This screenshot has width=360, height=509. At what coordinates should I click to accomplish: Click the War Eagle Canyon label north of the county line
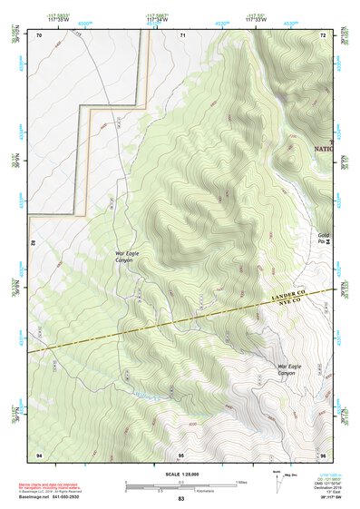[x=124, y=257]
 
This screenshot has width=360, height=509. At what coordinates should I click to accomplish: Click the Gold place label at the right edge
[x=324, y=239]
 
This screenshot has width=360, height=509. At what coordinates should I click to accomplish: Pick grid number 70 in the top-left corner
[x=39, y=34]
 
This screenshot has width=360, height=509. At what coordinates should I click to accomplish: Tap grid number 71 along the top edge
[x=182, y=34]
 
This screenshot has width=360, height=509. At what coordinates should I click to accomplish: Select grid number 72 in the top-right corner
[x=323, y=34]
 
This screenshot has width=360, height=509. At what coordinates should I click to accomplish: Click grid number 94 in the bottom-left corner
[x=39, y=454]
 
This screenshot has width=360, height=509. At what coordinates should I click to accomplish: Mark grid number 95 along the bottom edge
[x=181, y=454]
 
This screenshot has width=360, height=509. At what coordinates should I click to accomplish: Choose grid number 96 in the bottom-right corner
[x=323, y=454]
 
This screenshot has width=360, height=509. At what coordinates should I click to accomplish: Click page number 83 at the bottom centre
[x=180, y=499]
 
